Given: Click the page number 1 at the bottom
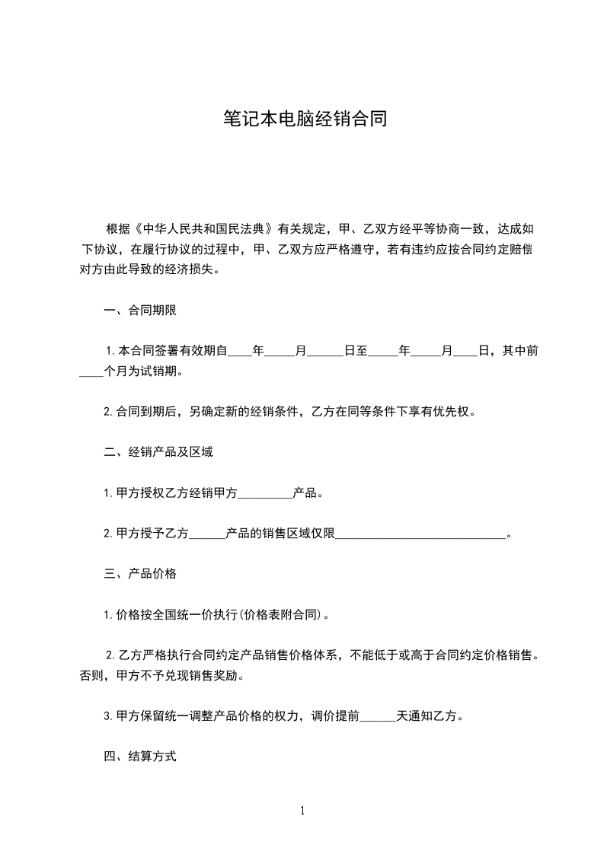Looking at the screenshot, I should point(302,811).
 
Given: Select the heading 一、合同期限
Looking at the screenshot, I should point(140,310).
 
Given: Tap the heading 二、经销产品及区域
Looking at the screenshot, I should point(158,452).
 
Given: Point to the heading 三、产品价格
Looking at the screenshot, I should point(140,574).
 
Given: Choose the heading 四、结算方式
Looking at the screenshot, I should point(140,757).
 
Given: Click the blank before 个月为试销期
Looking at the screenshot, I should point(91,373).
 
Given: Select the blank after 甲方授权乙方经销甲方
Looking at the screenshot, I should point(266,493).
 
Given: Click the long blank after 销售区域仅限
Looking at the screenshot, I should point(420,534).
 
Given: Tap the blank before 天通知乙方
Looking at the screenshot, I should point(378,717).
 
